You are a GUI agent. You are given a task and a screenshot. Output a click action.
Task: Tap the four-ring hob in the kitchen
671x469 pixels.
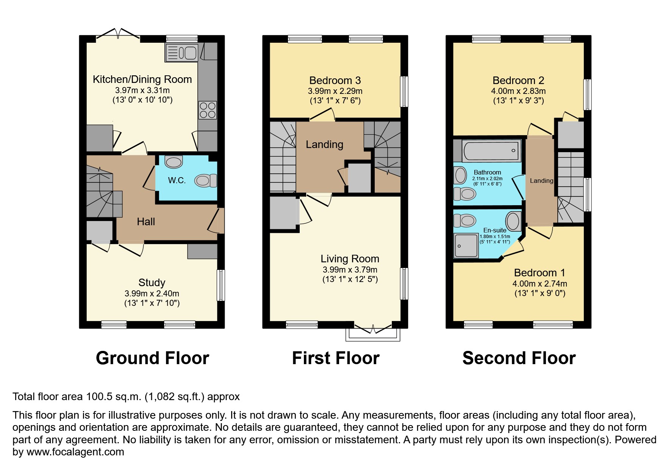pyautogui.click(x=208, y=110)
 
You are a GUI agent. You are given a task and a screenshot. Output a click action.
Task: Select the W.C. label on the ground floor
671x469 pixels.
pyautogui.click(x=177, y=181)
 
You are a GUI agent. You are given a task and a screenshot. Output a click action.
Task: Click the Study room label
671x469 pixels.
pyautogui.click(x=152, y=283)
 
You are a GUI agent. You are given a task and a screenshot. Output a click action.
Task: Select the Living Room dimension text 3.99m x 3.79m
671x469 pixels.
pyautogui.click(x=350, y=270)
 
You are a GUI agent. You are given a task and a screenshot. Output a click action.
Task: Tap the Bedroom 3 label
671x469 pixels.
pyautogui.click(x=335, y=81)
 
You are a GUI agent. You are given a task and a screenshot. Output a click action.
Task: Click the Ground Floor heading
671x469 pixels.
pyautogui.click(x=152, y=358)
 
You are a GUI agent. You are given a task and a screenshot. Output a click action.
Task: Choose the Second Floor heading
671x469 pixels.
pyautogui.click(x=519, y=358)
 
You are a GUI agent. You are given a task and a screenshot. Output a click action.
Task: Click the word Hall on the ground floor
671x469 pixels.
pyautogui.click(x=146, y=222)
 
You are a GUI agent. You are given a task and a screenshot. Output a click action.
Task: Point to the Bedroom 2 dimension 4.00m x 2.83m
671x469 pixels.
pyautogui.click(x=518, y=91)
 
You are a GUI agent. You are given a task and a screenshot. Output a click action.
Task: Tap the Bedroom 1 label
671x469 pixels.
pyautogui.click(x=539, y=273)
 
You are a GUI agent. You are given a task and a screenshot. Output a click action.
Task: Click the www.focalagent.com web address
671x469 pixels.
pyautogui.click(x=75, y=452)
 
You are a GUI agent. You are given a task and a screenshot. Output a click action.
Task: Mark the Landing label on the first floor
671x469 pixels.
pyautogui.click(x=324, y=145)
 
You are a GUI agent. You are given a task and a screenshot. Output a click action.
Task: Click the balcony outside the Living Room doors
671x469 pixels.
pyautogui.click(x=373, y=335)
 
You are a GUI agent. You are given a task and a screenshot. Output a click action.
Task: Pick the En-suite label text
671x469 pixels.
pyautogui.click(x=494, y=230)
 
